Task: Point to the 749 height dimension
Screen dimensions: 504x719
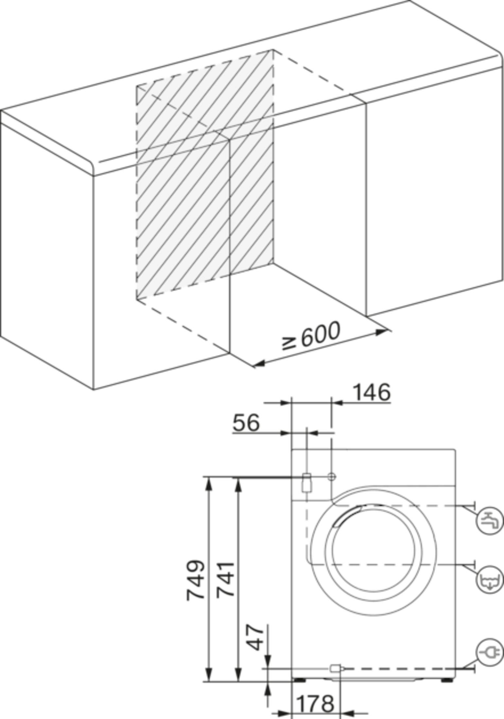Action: pos(195,580)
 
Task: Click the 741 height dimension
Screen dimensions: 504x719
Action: pos(225,579)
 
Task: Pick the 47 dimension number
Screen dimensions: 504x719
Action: pos(255,637)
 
